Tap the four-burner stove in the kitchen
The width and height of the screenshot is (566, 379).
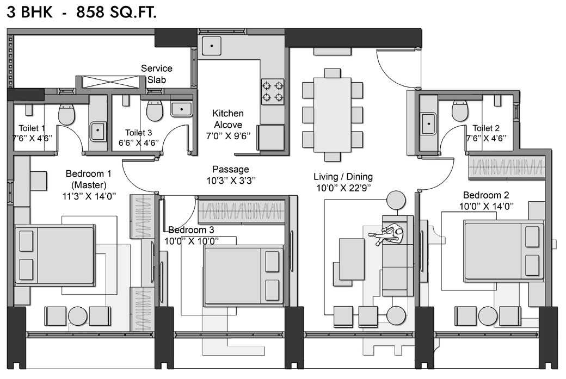pyautogui.click(x=273, y=91)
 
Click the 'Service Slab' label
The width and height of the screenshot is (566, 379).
pyautogui.click(x=157, y=73)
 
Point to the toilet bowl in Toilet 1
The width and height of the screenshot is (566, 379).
pyautogui.click(x=66, y=114)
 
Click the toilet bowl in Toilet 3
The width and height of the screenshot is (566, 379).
pyautogui.click(x=155, y=110)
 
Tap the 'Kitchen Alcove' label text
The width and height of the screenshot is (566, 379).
pyautogui.click(x=227, y=119)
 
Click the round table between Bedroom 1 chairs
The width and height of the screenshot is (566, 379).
pyautogui.click(x=78, y=316)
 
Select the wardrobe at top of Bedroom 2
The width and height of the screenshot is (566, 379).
pyautogui.click(x=507, y=167)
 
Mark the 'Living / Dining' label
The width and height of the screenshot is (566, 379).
pyautogui.click(x=343, y=177)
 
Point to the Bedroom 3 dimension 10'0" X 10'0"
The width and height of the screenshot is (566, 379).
pyautogui.click(x=193, y=240)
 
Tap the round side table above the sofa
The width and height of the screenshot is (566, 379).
pyautogui.click(x=396, y=201)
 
